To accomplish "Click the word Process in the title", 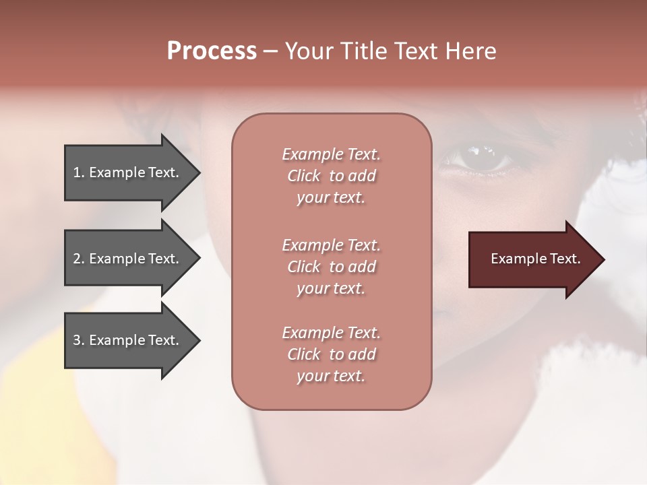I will (x=212, y=51).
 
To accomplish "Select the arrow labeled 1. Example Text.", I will (x=128, y=172).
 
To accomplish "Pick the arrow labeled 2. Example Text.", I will (x=128, y=259).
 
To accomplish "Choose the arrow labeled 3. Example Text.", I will (x=128, y=340).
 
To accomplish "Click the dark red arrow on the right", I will (x=532, y=259).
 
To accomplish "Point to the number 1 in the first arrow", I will (x=77, y=172).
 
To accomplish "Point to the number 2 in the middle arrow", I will (x=77, y=259).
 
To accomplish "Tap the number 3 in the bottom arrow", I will (x=77, y=340).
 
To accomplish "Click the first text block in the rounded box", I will (x=331, y=176).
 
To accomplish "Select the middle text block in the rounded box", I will (x=331, y=267).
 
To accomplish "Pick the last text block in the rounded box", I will (x=331, y=354).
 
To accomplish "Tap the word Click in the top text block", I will (x=304, y=176).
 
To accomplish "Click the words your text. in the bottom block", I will (x=331, y=377).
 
